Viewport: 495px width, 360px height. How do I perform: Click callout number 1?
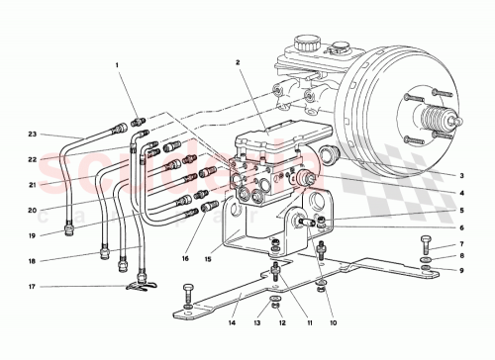point(117,66)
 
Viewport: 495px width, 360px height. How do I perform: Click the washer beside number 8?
point(425,256)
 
